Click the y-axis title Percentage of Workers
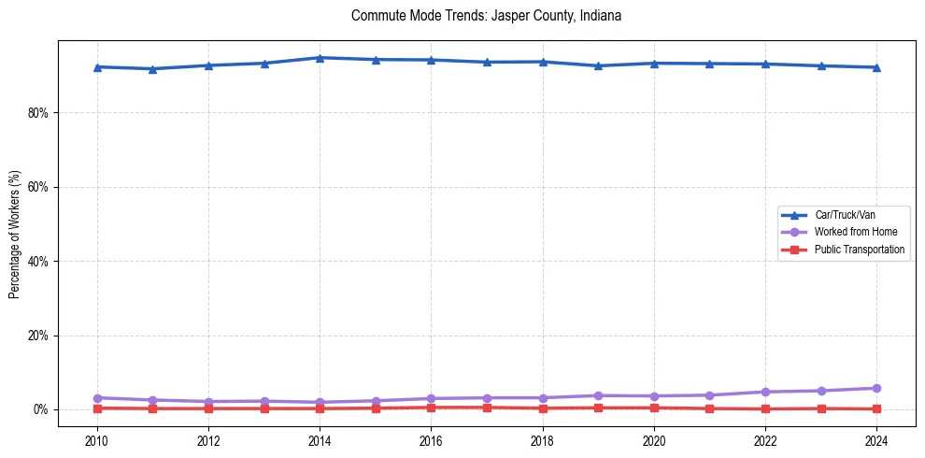coord(15,235)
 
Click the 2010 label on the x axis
coord(97,441)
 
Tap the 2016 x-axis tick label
coord(431,441)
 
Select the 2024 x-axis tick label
coord(876,441)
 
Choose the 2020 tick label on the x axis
coord(654,441)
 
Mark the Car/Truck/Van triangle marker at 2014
coord(320,58)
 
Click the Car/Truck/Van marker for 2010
coord(97,67)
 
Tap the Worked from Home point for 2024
coord(876,388)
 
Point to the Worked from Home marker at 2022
coord(765,392)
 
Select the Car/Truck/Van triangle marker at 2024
coord(876,67)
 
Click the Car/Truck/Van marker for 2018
coord(543,62)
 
